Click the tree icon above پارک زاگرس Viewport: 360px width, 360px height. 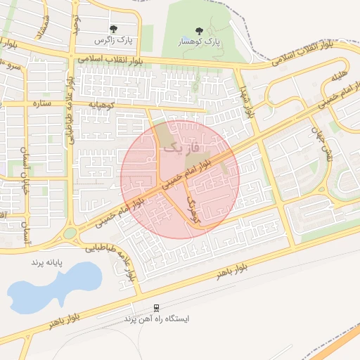[x=113, y=29]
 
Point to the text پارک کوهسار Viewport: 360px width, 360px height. [x=198, y=42]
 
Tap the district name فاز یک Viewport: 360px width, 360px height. [x=183, y=148]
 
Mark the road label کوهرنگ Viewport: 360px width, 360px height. [x=194, y=210]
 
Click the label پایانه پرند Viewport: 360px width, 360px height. [x=46, y=262]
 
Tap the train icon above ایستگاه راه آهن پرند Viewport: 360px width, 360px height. [x=156, y=308]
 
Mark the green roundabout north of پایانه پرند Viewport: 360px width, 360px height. [x=70, y=233]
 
